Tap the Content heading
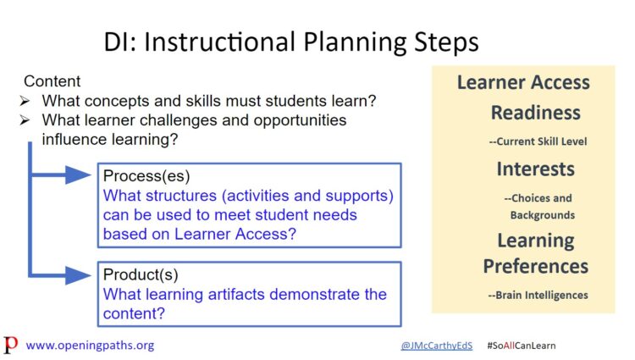point(52,81)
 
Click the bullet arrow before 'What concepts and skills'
point(25,101)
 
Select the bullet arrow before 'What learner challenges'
point(25,120)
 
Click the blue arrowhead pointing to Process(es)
point(78,175)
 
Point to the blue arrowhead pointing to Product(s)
point(78,275)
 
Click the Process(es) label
point(146,176)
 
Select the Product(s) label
point(141,274)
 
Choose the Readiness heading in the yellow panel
point(535,113)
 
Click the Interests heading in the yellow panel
point(535,169)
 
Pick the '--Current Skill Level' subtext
point(538,141)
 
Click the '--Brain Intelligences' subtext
point(538,296)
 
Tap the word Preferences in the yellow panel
point(535,267)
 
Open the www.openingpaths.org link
point(90,346)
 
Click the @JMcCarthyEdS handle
point(437,346)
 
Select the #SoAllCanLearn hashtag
point(522,346)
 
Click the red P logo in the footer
point(10,345)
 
